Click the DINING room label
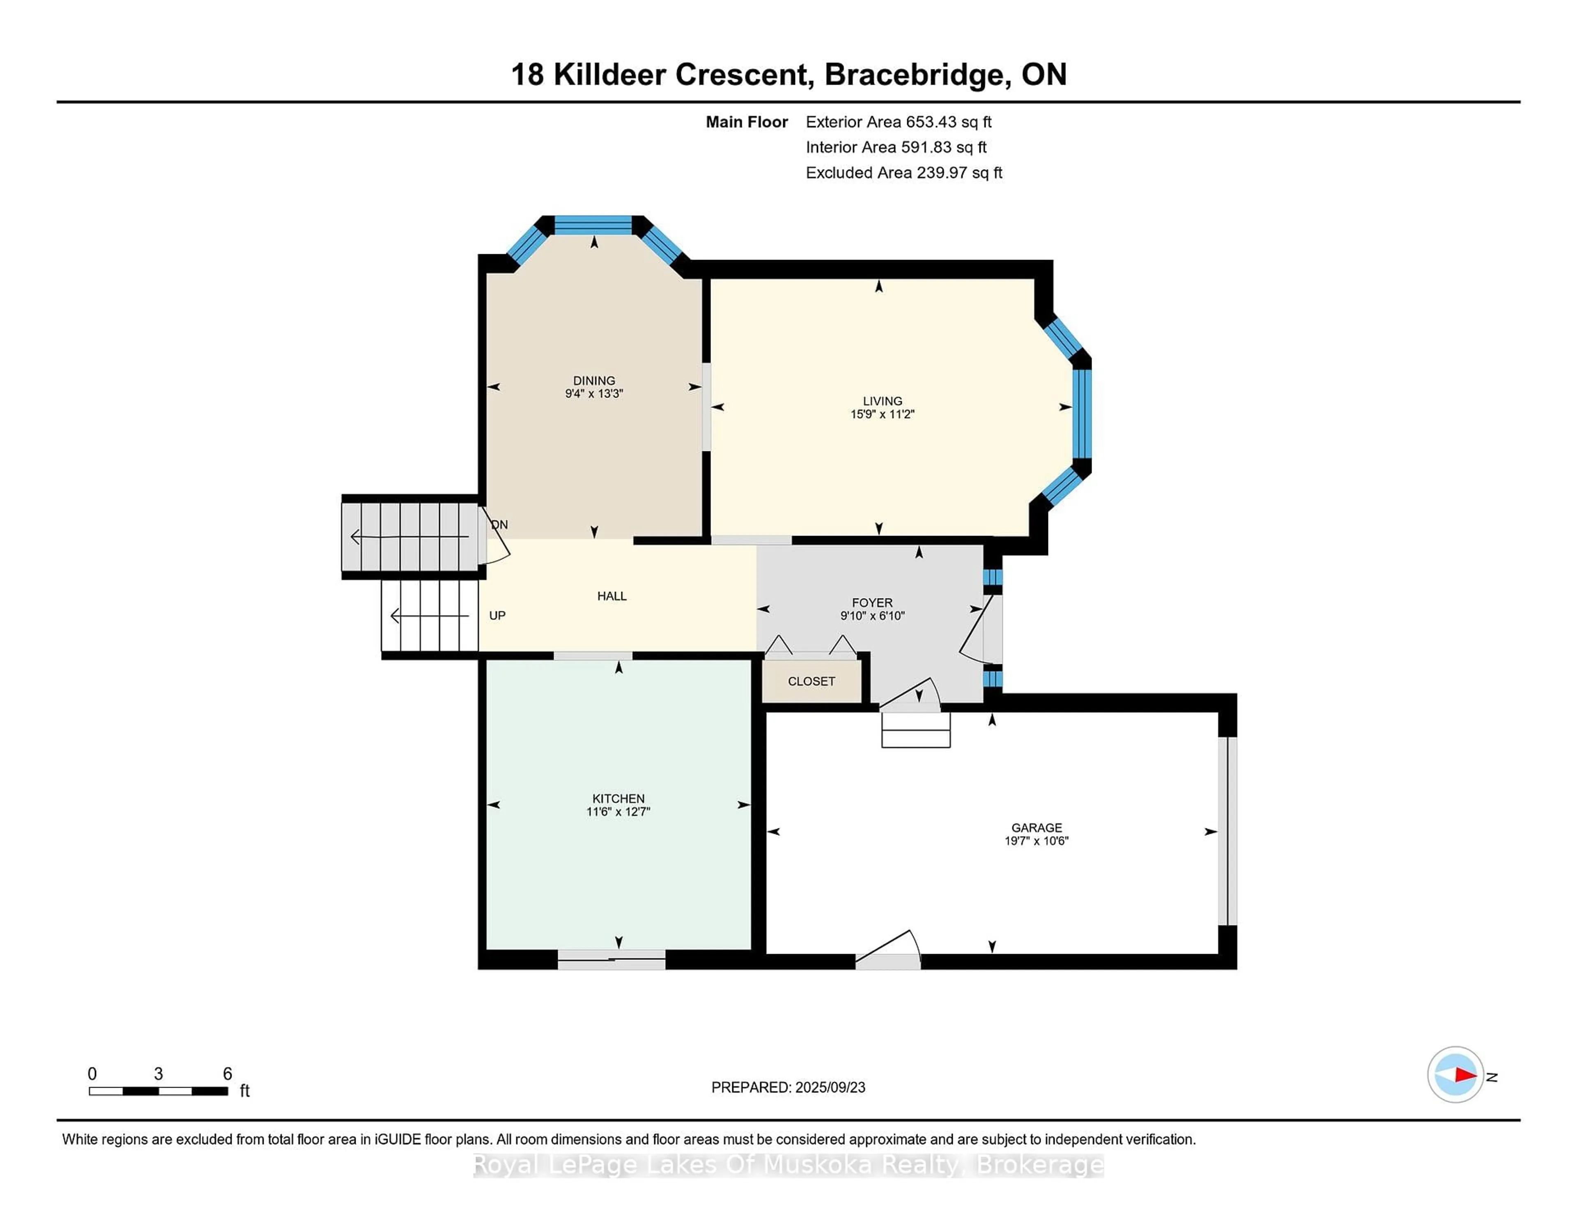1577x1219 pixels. pyautogui.click(x=594, y=381)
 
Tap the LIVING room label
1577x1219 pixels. pyautogui.click(x=883, y=401)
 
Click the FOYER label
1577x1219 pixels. pyautogui.click(x=872, y=602)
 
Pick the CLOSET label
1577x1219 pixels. pyautogui.click(x=811, y=681)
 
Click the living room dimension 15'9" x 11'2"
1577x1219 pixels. pyautogui.click(x=883, y=414)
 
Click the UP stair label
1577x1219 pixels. pyautogui.click(x=497, y=615)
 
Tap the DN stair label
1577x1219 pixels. pyautogui.click(x=500, y=524)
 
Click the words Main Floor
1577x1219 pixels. pyautogui.click(x=747, y=122)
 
